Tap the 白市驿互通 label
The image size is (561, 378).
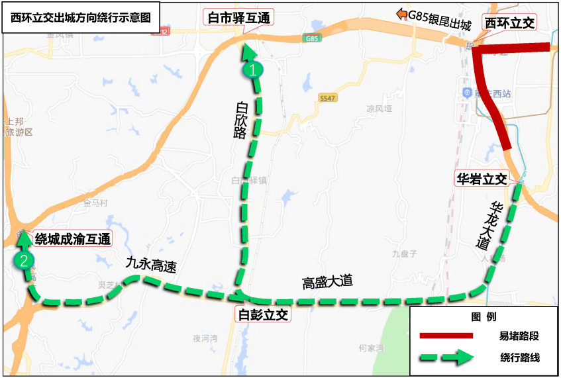238,18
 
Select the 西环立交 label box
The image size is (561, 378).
509,23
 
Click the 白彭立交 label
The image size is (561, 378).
263,314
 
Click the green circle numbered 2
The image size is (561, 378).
24,260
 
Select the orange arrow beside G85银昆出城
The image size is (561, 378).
401,14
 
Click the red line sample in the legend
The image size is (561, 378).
446,336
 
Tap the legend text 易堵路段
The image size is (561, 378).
519,336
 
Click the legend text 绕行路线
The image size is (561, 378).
520,357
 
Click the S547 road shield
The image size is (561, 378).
327,97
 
